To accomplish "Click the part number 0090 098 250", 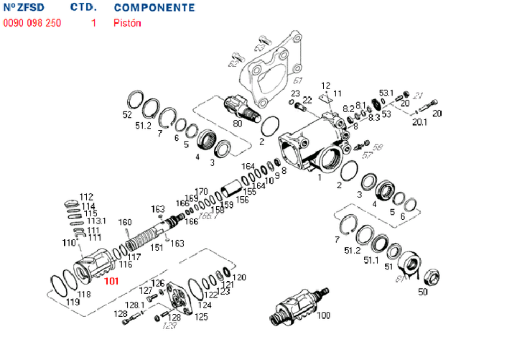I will click(x=32, y=23).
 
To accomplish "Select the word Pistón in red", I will click(x=127, y=23).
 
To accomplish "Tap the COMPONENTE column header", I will click(x=154, y=8).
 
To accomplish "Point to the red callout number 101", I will click(x=111, y=281).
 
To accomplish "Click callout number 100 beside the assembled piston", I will click(x=323, y=315).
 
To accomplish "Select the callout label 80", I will click(x=237, y=123).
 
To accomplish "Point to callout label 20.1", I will click(x=420, y=122).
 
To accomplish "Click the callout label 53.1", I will click(x=386, y=93).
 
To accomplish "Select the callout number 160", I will click(x=125, y=222).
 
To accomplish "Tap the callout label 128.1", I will click(x=136, y=305).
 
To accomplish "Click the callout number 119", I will click(x=73, y=302).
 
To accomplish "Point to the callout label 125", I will click(x=202, y=316).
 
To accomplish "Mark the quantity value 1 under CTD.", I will click(x=93, y=23).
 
